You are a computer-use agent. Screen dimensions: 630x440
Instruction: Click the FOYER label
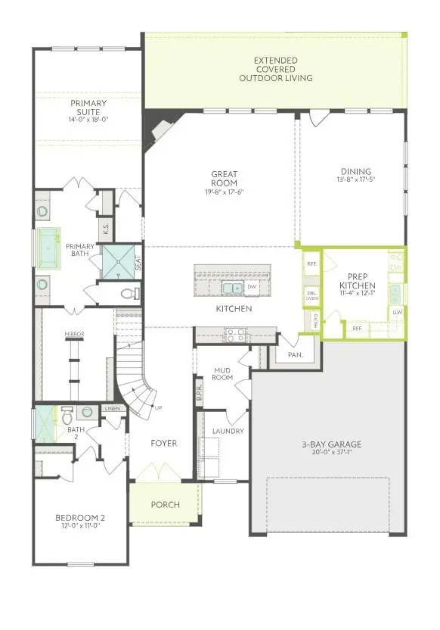point(163,443)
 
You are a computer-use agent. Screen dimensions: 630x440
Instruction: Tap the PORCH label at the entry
point(165,504)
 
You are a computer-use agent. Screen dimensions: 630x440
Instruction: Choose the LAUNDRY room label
point(228,431)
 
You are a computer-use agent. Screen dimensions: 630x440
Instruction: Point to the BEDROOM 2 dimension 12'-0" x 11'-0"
point(80,527)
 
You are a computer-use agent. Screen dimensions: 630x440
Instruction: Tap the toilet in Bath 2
point(67,415)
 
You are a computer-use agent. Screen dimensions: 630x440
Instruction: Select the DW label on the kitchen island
point(253,288)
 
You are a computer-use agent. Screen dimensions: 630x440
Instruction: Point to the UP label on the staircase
point(157,408)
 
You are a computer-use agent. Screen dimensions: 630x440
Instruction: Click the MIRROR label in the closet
point(74,334)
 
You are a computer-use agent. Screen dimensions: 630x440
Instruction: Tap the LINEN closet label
point(113,409)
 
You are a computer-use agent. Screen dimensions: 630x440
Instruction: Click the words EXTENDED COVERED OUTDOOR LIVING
point(275,69)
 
